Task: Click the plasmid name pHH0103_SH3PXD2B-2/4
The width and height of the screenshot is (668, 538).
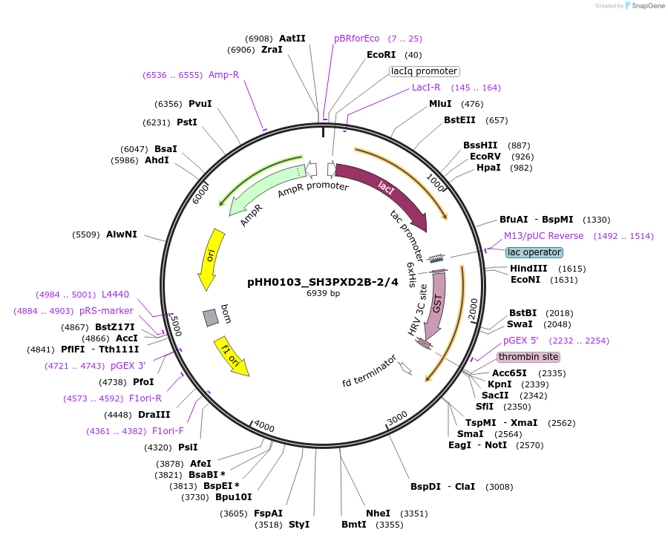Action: pyautogui.click(x=323, y=282)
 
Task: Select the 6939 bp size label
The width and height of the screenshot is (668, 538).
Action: pyautogui.click(x=323, y=293)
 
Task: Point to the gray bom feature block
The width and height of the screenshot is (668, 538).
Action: pyautogui.click(x=212, y=317)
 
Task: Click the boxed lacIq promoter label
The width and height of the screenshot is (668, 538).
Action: pyautogui.click(x=425, y=71)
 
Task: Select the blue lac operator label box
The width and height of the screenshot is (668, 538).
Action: pyautogui.click(x=534, y=252)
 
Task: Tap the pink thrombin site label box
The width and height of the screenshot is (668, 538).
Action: pyautogui.click(x=528, y=357)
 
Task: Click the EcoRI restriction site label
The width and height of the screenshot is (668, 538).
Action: pyautogui.click(x=384, y=55)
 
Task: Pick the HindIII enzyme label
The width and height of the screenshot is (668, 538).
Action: pyautogui.click(x=528, y=269)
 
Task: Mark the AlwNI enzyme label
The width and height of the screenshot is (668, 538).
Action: pyautogui.click(x=122, y=234)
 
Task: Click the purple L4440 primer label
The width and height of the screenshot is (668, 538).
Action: pyautogui.click(x=115, y=295)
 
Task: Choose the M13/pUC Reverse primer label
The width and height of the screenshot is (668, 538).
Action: pyautogui.click(x=543, y=236)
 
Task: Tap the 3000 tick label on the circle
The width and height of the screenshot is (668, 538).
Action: pyautogui.click(x=397, y=417)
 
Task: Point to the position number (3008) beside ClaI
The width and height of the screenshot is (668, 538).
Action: pyautogui.click(x=499, y=487)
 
